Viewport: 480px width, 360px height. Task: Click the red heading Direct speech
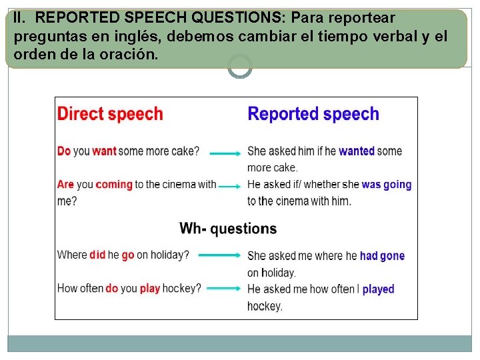tap(110, 114)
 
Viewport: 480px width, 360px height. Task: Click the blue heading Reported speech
tap(313, 114)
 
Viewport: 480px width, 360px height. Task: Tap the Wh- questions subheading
tap(228, 229)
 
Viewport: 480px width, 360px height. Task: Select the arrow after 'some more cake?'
tap(225, 153)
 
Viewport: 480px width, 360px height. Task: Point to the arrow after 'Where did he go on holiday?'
tap(219, 255)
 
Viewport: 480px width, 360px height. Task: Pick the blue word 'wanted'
tap(357, 151)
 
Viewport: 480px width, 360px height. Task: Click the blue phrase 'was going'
tap(387, 184)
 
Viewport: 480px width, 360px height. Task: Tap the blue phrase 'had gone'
tap(382, 255)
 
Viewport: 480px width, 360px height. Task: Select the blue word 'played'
tap(378, 289)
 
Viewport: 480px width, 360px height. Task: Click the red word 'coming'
tap(114, 184)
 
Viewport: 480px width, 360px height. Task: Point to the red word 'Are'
tap(65, 184)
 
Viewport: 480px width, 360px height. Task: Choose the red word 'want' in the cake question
tap(104, 151)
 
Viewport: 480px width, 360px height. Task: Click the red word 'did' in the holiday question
tap(97, 255)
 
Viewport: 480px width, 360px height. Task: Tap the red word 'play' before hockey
tap(150, 289)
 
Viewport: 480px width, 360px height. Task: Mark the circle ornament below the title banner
tap(240, 66)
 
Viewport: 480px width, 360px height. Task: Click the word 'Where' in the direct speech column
tap(72, 255)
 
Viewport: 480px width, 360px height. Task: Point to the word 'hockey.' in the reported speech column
tap(265, 306)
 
